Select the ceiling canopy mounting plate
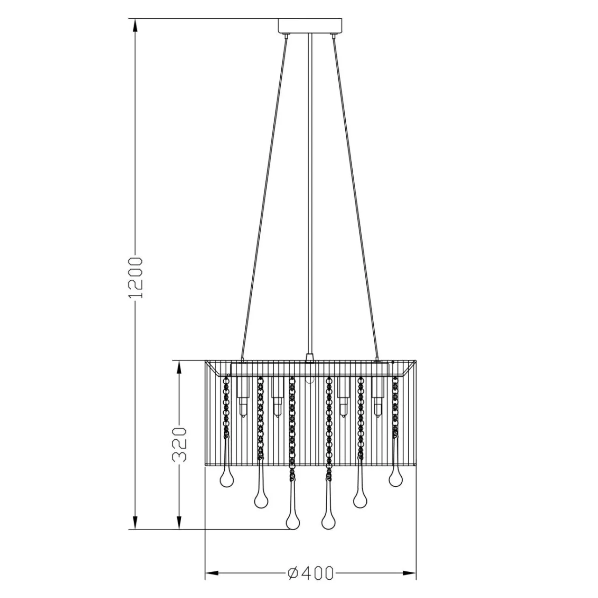coord(310,26)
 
